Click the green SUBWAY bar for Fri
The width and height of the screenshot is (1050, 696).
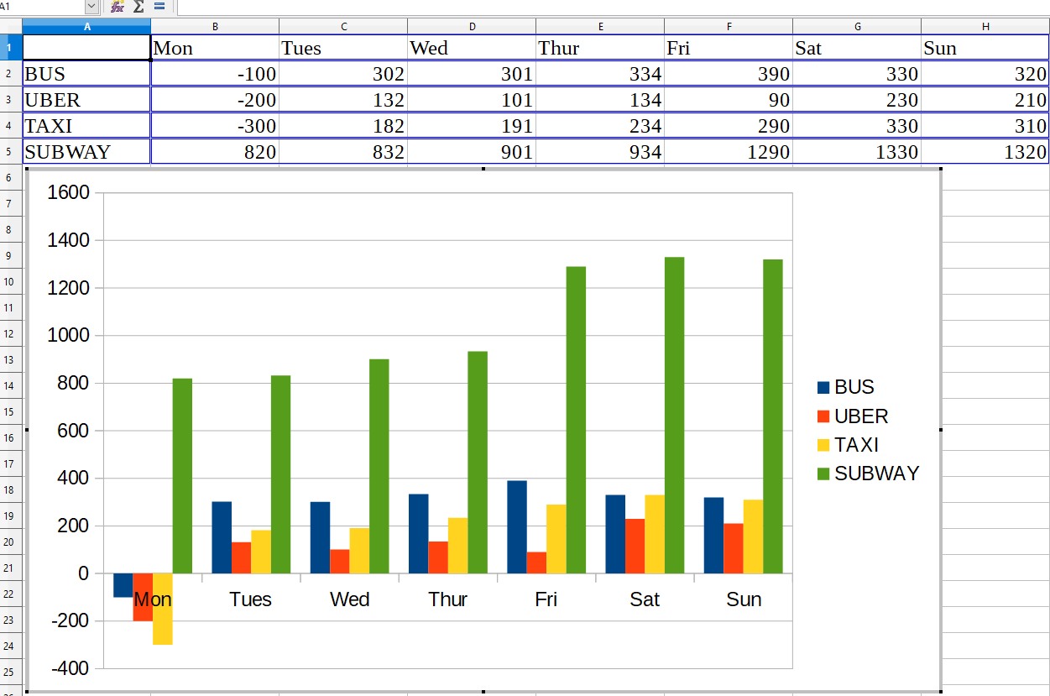576,420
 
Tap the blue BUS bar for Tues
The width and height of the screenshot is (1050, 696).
222,537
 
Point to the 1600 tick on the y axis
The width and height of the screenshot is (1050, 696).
69,193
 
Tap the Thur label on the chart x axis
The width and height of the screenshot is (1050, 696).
447,599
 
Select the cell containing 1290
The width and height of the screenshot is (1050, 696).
729,152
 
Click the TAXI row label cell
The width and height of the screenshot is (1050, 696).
86,126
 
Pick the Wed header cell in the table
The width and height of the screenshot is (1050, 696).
472,48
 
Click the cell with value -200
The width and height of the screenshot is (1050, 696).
215,100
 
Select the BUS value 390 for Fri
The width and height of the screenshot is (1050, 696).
729,74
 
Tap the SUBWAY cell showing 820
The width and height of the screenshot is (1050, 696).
215,152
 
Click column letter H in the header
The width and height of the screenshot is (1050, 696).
985,26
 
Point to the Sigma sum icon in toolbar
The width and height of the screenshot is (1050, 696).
138,7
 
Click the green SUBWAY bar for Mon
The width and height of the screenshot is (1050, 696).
182,476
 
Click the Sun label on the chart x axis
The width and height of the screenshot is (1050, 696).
744,599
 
